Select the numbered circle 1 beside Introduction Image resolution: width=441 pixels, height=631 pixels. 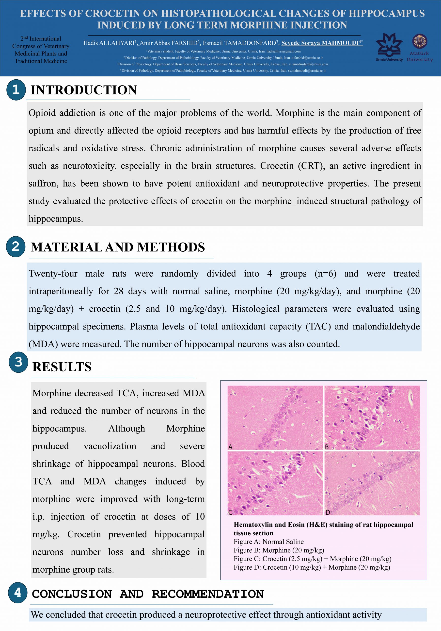click(x=16, y=89)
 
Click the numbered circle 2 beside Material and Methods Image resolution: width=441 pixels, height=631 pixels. click(x=16, y=246)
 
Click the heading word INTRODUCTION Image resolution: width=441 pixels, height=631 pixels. click(x=84, y=90)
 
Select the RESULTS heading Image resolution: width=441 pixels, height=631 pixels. click(x=62, y=367)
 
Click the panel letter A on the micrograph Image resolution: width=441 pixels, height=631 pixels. click(x=230, y=447)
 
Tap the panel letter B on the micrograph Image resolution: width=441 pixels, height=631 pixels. click(x=327, y=447)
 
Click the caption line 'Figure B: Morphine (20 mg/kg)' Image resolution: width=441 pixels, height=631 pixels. click(x=279, y=550)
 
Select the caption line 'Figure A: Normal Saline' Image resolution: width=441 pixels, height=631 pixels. click(x=269, y=542)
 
